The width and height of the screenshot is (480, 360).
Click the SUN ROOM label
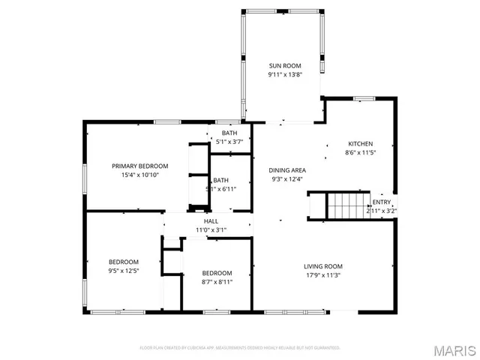[x=285, y=66]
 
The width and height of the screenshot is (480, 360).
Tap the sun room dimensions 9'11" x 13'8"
[x=285, y=75]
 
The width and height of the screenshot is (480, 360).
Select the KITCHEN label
[x=360, y=144]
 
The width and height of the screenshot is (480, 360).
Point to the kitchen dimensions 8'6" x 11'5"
[x=360, y=153]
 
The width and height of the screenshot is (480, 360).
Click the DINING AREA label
[x=287, y=170]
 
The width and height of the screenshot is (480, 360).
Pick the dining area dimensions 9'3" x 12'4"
[x=287, y=179]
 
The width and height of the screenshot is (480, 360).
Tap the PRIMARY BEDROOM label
[x=140, y=166]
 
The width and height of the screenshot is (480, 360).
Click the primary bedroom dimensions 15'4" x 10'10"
[x=140, y=175]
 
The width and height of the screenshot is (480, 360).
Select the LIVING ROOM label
[x=323, y=266]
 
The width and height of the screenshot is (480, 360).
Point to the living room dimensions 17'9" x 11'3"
[x=323, y=275]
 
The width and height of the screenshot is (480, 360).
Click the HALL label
[x=211, y=221]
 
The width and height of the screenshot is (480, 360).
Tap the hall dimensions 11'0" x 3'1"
[x=211, y=229]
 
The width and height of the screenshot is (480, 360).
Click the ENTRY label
[x=382, y=202]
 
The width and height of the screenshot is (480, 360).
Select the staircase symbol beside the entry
[x=348, y=204]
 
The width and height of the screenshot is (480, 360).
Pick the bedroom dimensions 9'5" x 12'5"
[x=124, y=271]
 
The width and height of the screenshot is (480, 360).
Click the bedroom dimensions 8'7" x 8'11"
[x=217, y=282]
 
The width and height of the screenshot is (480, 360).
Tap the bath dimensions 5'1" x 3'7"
[x=229, y=141]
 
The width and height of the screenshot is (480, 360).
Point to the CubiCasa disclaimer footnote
[x=240, y=348]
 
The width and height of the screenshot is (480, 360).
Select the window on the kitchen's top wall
[x=364, y=98]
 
